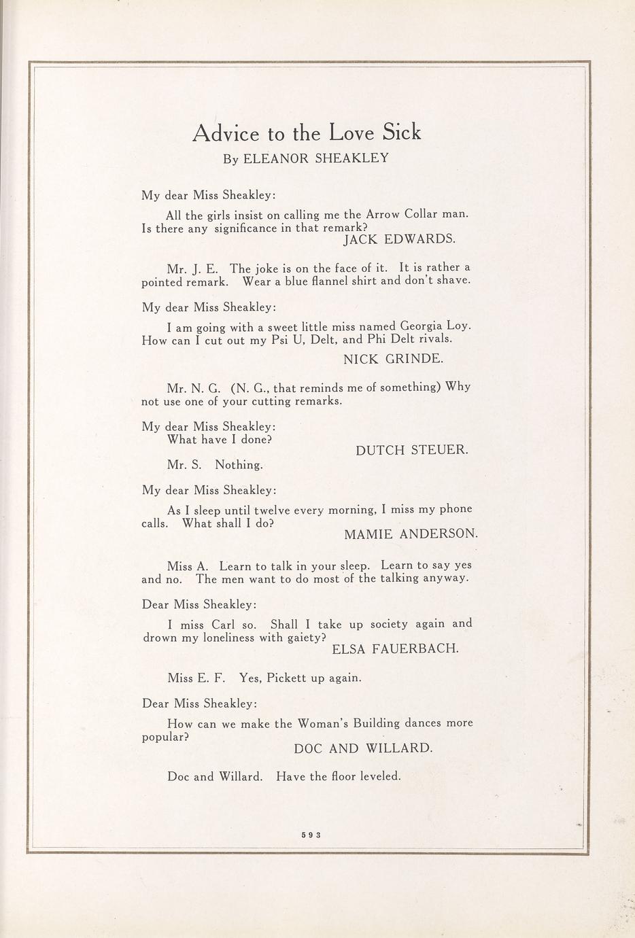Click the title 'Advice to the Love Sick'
[x=307, y=132]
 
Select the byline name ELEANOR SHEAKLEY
[x=315, y=158]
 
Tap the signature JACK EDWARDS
[x=399, y=239]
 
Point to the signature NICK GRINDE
[x=393, y=359]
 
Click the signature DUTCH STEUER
[x=411, y=450]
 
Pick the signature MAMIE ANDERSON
[x=411, y=534]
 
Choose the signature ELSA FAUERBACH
[x=395, y=649]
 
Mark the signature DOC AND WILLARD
[x=363, y=748]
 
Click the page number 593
[x=311, y=836]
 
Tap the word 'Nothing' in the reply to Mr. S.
[x=239, y=466]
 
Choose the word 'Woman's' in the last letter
[x=324, y=723]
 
